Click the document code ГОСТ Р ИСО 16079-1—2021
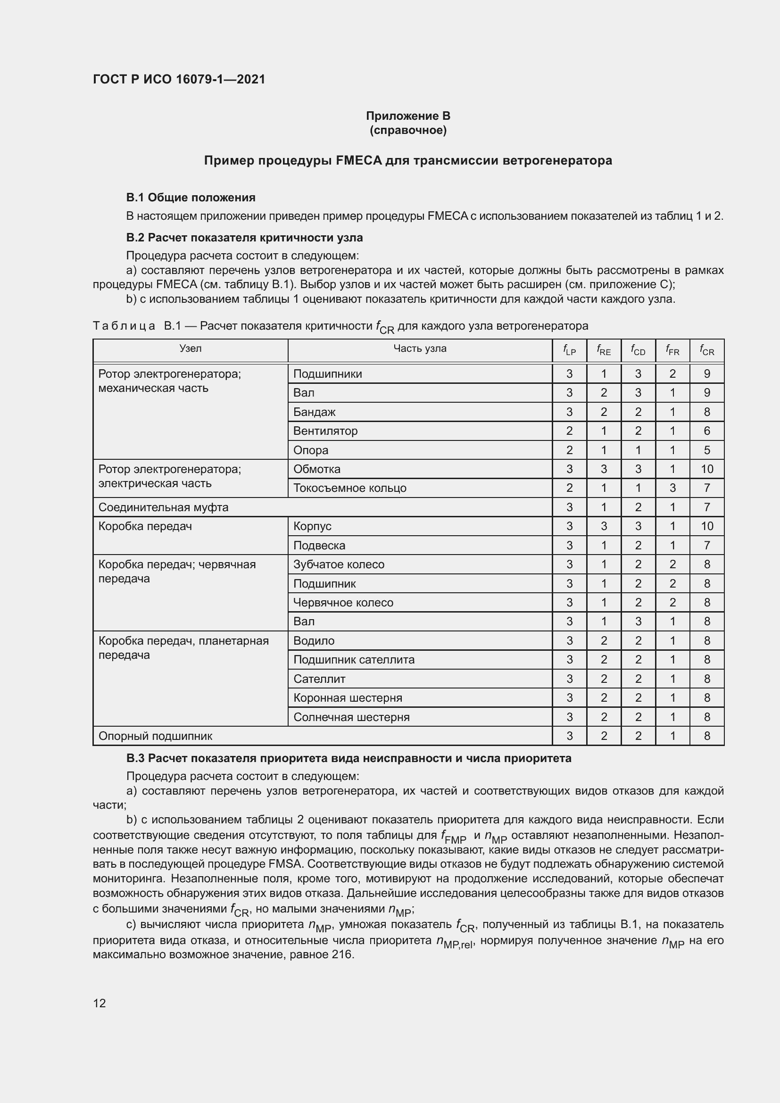pyautogui.click(x=179, y=79)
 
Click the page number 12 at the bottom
pyautogui.click(x=100, y=1003)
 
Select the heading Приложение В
pyautogui.click(x=408, y=116)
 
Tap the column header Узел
pyautogui.click(x=190, y=348)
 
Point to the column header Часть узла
pyautogui.click(x=419, y=348)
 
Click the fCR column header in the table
pyautogui.click(x=706, y=351)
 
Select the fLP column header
pyautogui.click(x=569, y=351)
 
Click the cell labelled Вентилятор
pyautogui.click(x=325, y=431)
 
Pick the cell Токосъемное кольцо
pyautogui.click(x=349, y=488)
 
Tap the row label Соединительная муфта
pyautogui.click(x=163, y=507)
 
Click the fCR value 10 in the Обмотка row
pyautogui.click(x=706, y=469)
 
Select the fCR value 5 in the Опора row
pyautogui.click(x=706, y=450)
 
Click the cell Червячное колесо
pyautogui.click(x=343, y=602)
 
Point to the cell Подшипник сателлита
pyautogui.click(x=354, y=660)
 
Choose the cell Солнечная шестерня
pyautogui.click(x=351, y=717)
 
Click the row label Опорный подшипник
pyautogui.click(x=155, y=736)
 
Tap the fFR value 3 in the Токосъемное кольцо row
pyautogui.click(x=672, y=488)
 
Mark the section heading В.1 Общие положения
pyautogui.click(x=190, y=198)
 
